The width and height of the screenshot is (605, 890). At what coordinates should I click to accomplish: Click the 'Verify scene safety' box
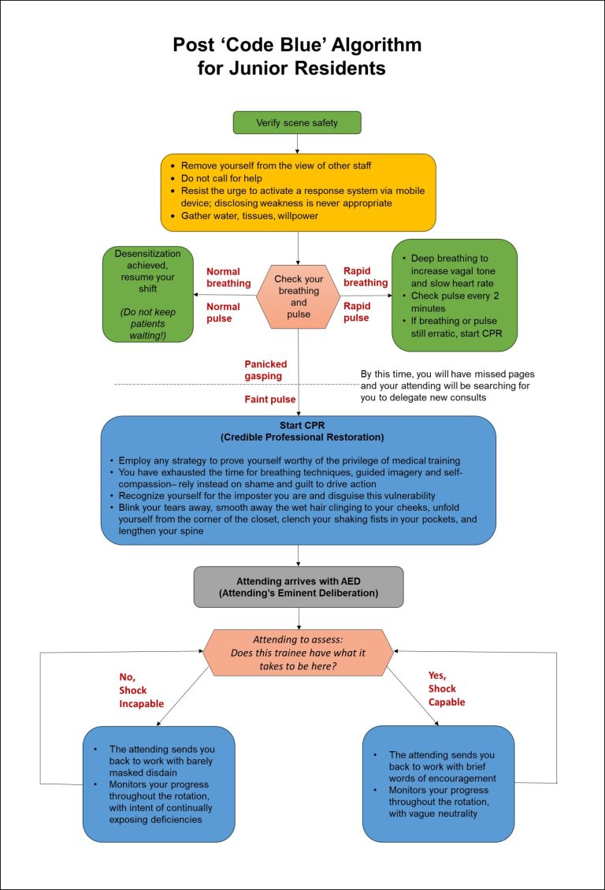click(x=297, y=123)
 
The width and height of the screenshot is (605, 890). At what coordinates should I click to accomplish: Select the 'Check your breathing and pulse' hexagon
click(x=299, y=296)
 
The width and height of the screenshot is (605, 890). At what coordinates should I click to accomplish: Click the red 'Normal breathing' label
click(x=228, y=277)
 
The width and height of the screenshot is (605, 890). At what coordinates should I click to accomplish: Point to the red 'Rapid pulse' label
click(x=357, y=312)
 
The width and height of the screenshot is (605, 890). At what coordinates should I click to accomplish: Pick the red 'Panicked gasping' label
click(x=265, y=371)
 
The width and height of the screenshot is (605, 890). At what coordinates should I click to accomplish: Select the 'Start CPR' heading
click(x=298, y=426)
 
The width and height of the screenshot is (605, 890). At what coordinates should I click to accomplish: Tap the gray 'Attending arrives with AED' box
click(x=299, y=587)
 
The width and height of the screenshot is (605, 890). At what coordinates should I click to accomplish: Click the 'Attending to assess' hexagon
click(x=299, y=652)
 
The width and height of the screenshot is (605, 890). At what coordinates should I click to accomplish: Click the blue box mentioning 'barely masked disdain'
click(x=159, y=784)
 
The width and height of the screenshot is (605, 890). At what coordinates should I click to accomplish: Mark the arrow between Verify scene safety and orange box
click(x=298, y=143)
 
